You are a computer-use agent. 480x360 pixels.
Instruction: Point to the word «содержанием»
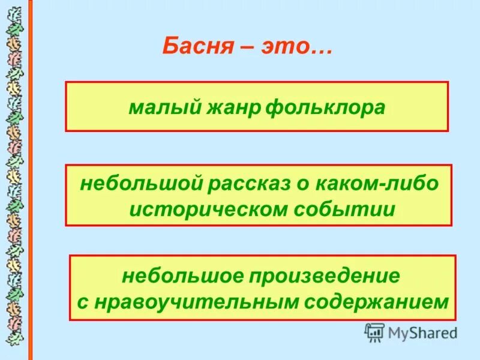(x=376, y=302)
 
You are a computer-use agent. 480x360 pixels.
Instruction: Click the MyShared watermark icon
(x=374, y=332)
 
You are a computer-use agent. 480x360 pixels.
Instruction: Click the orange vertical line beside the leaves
(x=30, y=180)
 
